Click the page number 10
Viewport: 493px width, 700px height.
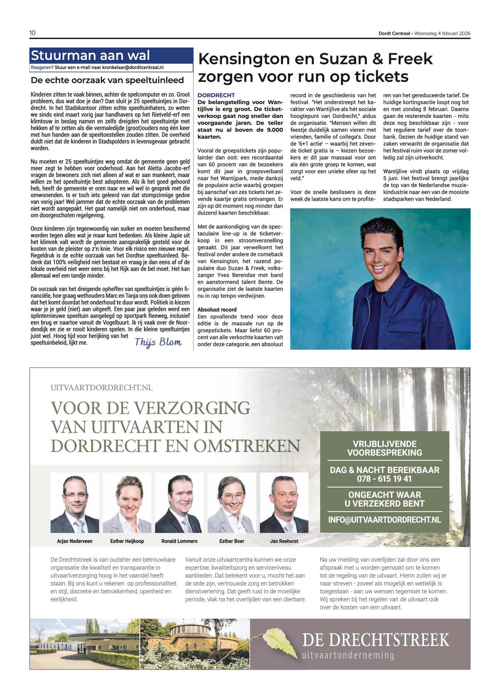[32, 33]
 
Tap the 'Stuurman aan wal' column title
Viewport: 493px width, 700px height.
[90, 55]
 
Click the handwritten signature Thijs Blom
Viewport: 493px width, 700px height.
[158, 342]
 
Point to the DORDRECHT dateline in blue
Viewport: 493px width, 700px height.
[216, 95]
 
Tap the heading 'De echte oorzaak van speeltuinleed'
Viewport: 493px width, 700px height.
[107, 80]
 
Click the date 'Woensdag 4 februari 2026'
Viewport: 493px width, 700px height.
[442, 34]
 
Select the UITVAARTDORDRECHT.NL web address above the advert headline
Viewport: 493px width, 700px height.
[102, 388]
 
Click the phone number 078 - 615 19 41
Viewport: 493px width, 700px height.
[384, 479]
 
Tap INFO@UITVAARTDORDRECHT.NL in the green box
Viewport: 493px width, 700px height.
[384, 520]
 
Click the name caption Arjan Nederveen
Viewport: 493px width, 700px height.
[75, 541]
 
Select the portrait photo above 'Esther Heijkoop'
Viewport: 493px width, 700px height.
[127, 503]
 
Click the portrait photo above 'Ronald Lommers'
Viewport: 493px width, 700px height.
[179, 503]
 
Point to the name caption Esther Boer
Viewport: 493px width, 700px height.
[232, 541]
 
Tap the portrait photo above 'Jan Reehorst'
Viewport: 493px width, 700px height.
[284, 503]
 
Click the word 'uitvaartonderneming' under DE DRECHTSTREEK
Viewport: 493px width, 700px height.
[348, 655]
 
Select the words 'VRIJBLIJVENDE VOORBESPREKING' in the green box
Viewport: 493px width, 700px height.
[384, 448]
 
